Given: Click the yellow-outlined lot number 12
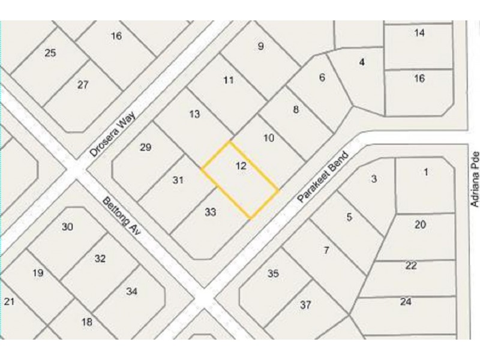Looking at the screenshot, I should pyautogui.click(x=241, y=166).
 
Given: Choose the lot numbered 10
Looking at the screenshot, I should pyautogui.click(x=269, y=138).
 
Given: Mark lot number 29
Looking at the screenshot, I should pyautogui.click(x=145, y=148).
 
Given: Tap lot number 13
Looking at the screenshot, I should pyautogui.click(x=194, y=114).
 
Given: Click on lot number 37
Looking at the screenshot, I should pyautogui.click(x=305, y=305).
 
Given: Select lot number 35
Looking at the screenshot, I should pyautogui.click(x=273, y=274).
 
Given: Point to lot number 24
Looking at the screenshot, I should pyautogui.click(x=406, y=302).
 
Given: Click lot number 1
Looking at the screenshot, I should pyautogui.click(x=426, y=172).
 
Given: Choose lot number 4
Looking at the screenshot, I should pyautogui.click(x=362, y=62).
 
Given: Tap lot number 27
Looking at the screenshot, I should pyautogui.click(x=83, y=85).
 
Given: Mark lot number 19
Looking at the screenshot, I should pyautogui.click(x=38, y=273).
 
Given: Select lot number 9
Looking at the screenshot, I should pyautogui.click(x=260, y=46).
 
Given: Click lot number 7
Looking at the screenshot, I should pyautogui.click(x=326, y=250).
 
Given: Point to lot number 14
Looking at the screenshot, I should pyautogui.click(x=419, y=32).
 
